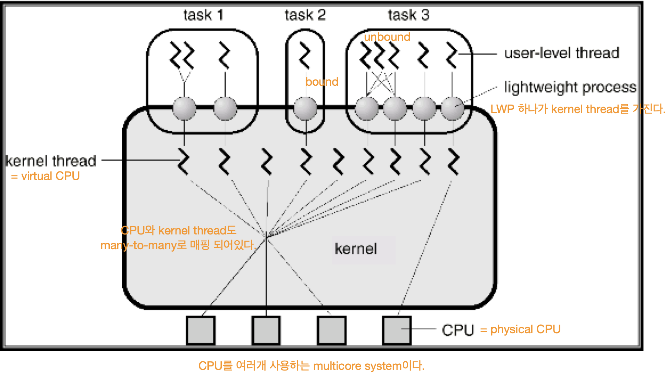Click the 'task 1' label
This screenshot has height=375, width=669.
pos(203,15)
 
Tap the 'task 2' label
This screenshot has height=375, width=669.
pos(305,15)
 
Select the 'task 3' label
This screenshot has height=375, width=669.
pos(408,15)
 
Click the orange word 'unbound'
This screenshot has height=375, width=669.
pos(387,37)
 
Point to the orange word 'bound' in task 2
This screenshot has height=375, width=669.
pos(321,82)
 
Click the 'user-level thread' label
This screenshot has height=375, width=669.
pos(562,53)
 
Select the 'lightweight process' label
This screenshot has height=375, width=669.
pos(570,87)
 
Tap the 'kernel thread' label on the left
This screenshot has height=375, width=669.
pos(51,161)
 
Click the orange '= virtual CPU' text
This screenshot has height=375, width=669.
pos(45,176)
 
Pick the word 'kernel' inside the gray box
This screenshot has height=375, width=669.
pos(356,249)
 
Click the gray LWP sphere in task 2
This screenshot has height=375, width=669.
pos(305,108)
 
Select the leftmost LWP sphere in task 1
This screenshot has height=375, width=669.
pos(184,108)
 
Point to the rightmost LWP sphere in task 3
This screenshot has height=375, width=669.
pos(452,108)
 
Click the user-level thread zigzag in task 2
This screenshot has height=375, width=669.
pos(305,55)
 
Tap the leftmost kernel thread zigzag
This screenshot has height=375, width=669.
pos(184,161)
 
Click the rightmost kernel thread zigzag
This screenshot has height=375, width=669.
pos(453,161)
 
